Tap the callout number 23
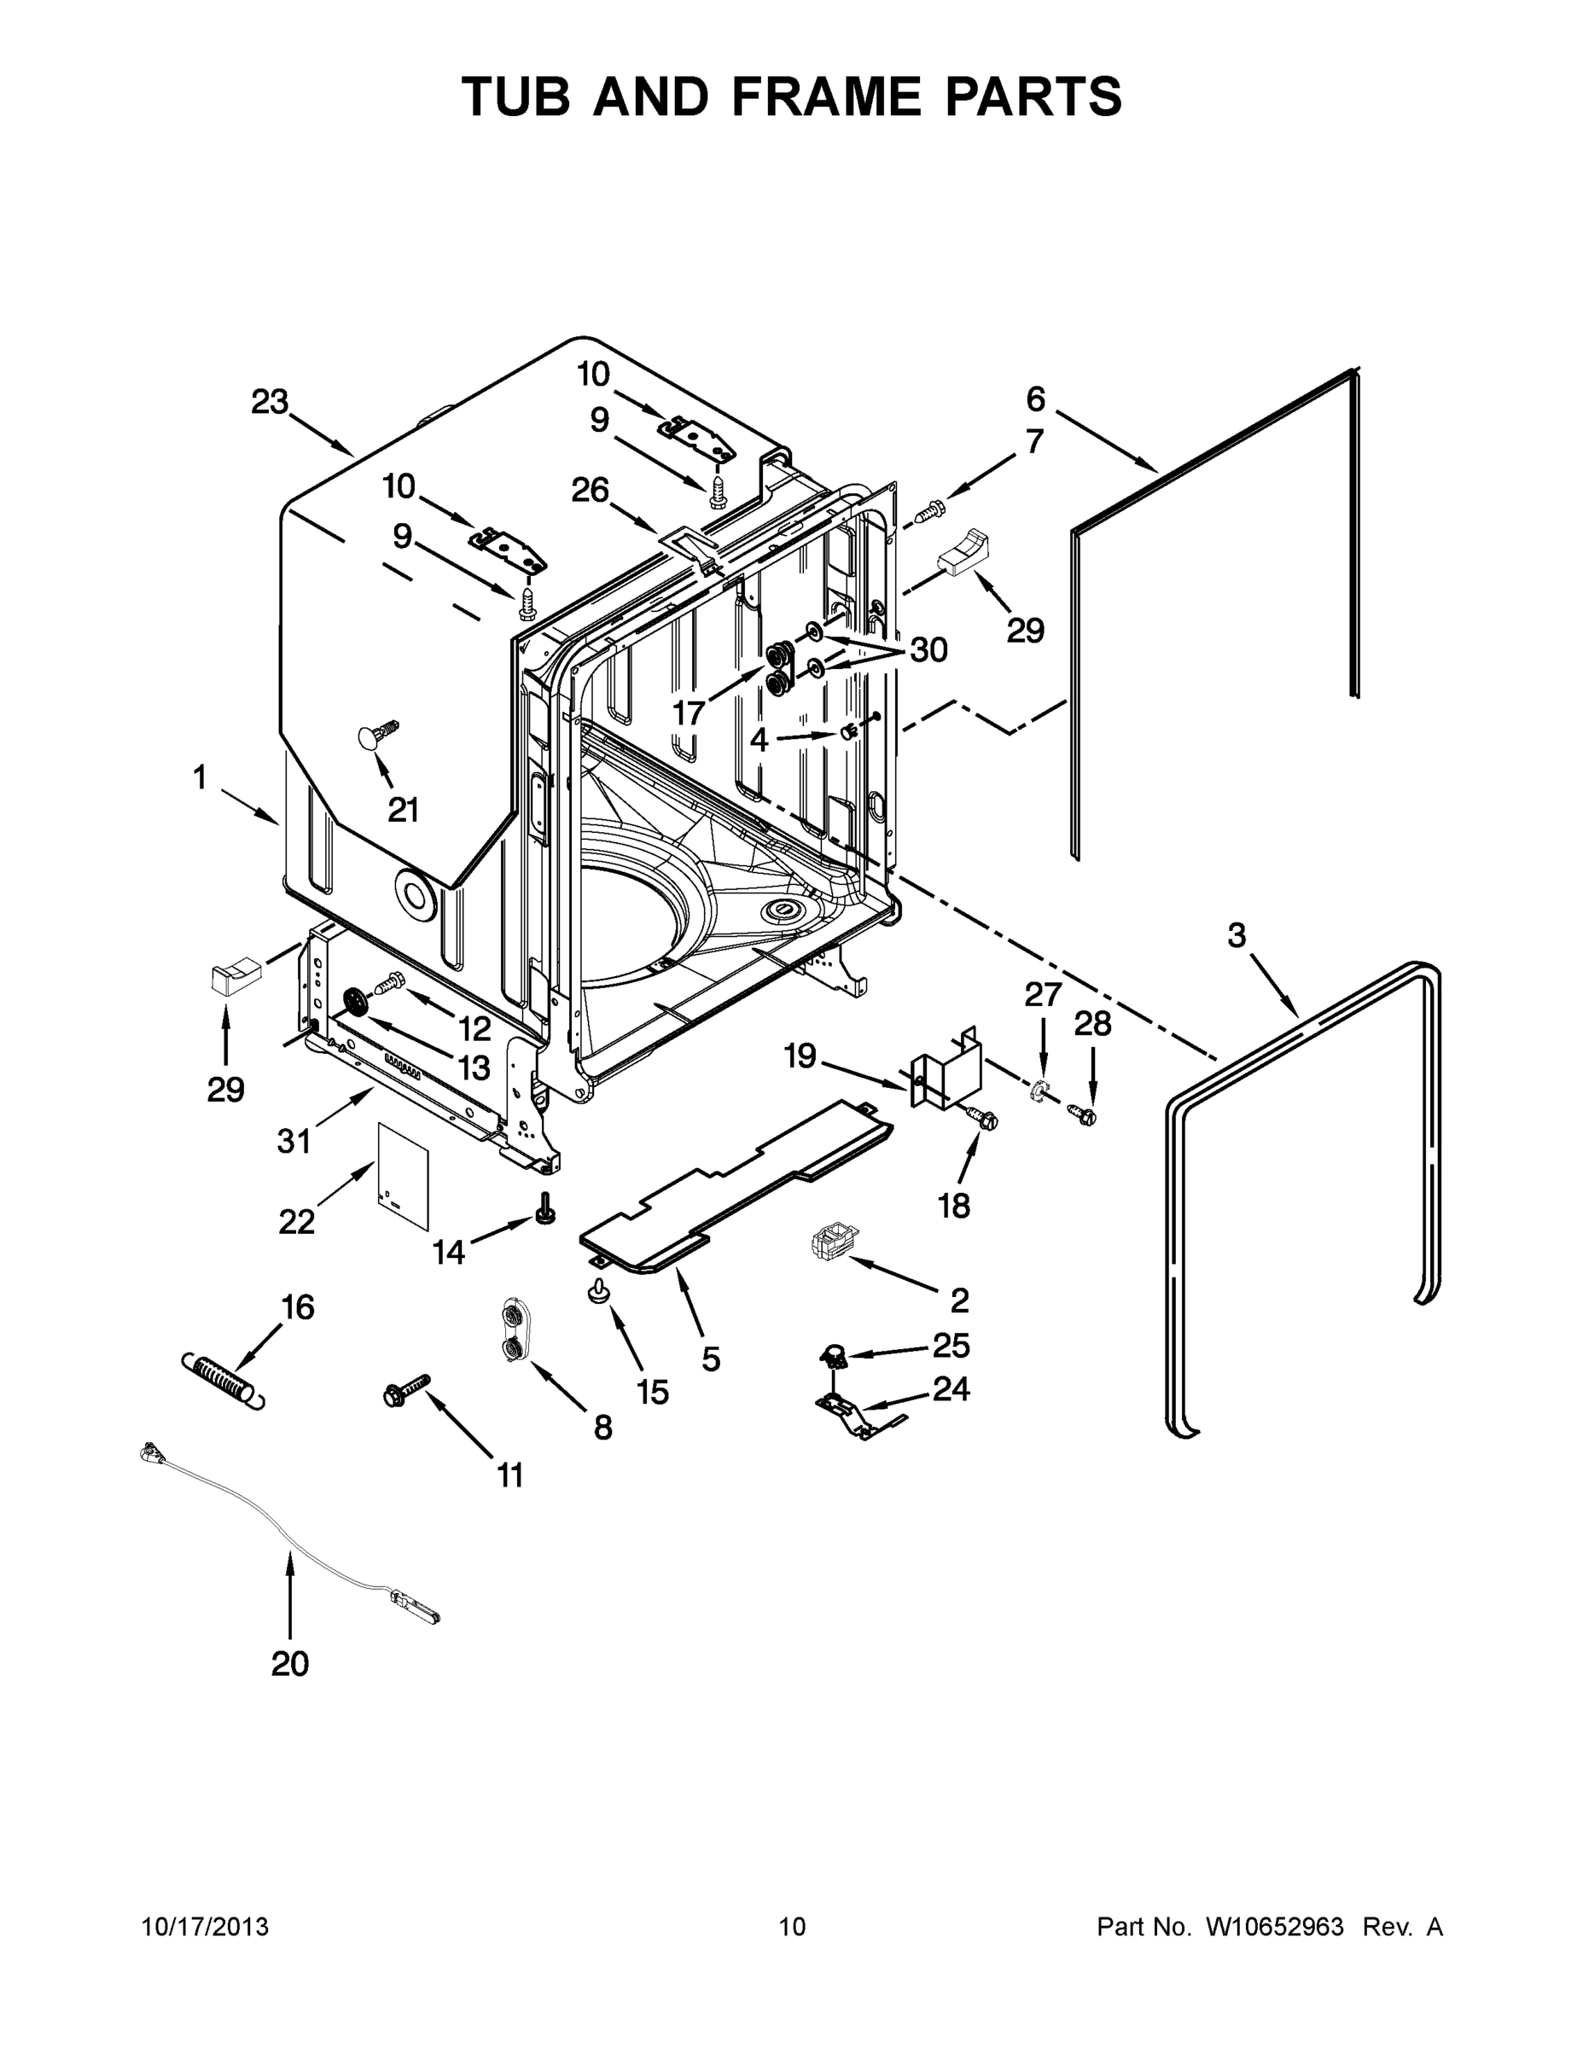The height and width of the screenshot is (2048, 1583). pos(269,402)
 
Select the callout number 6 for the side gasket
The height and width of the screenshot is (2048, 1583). pos(1035,399)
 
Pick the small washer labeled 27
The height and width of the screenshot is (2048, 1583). pos(1039,1091)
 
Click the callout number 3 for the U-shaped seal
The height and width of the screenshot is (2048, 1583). pos(1237,935)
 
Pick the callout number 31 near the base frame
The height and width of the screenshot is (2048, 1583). pos(294,1141)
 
